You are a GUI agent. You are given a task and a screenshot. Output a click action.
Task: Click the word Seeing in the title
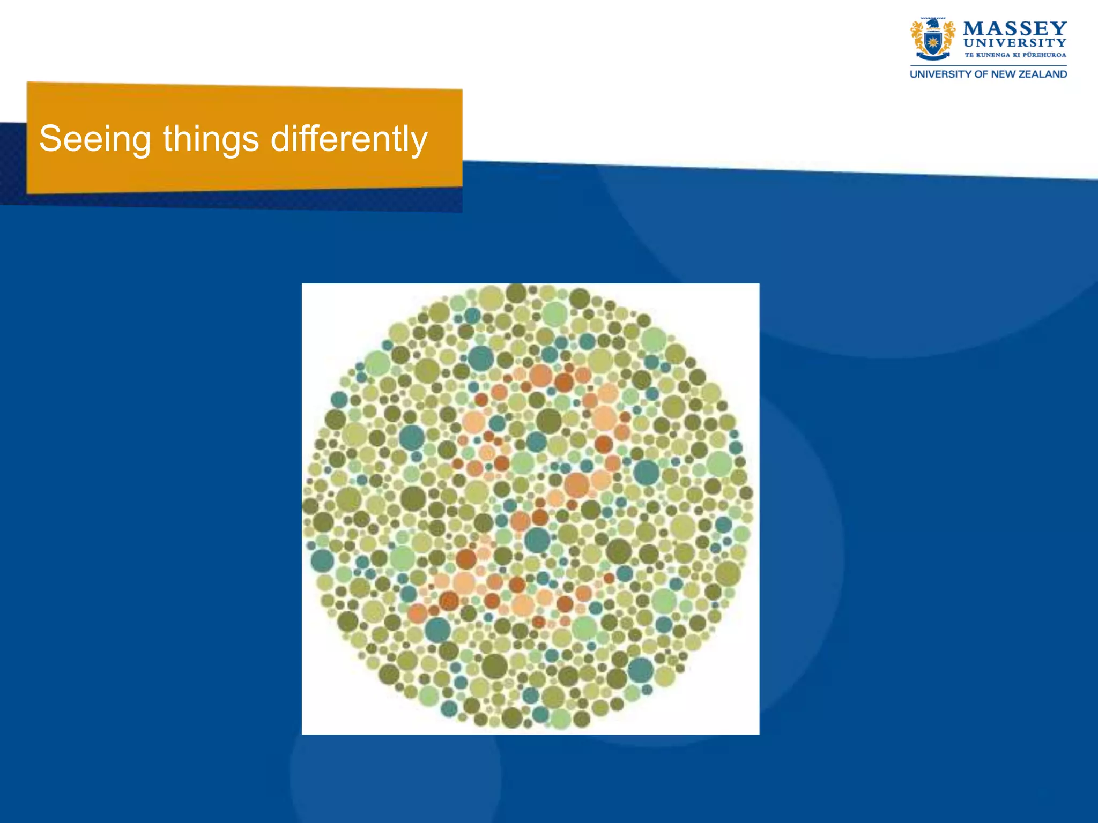(95, 139)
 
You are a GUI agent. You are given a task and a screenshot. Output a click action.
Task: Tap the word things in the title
(211, 138)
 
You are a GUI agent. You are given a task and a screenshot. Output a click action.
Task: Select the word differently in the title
(349, 139)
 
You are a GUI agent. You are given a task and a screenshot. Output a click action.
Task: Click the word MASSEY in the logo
(1015, 28)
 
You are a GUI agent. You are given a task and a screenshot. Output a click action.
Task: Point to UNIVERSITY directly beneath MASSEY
(1015, 43)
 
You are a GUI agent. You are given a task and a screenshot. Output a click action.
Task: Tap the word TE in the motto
(969, 55)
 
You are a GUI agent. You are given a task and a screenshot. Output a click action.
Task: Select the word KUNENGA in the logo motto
(992, 55)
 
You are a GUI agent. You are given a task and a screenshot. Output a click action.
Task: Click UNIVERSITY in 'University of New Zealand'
(940, 74)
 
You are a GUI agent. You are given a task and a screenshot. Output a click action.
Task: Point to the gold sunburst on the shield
(933, 42)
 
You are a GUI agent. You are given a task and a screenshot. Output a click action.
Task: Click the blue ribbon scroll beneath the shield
(933, 56)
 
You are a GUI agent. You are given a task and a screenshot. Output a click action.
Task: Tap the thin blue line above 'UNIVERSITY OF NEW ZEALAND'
(988, 66)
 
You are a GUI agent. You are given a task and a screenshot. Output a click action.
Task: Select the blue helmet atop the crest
(933, 24)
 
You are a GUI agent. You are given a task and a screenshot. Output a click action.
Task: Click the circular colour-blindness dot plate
(528, 506)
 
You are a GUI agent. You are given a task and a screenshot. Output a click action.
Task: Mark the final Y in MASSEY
(1058, 28)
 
